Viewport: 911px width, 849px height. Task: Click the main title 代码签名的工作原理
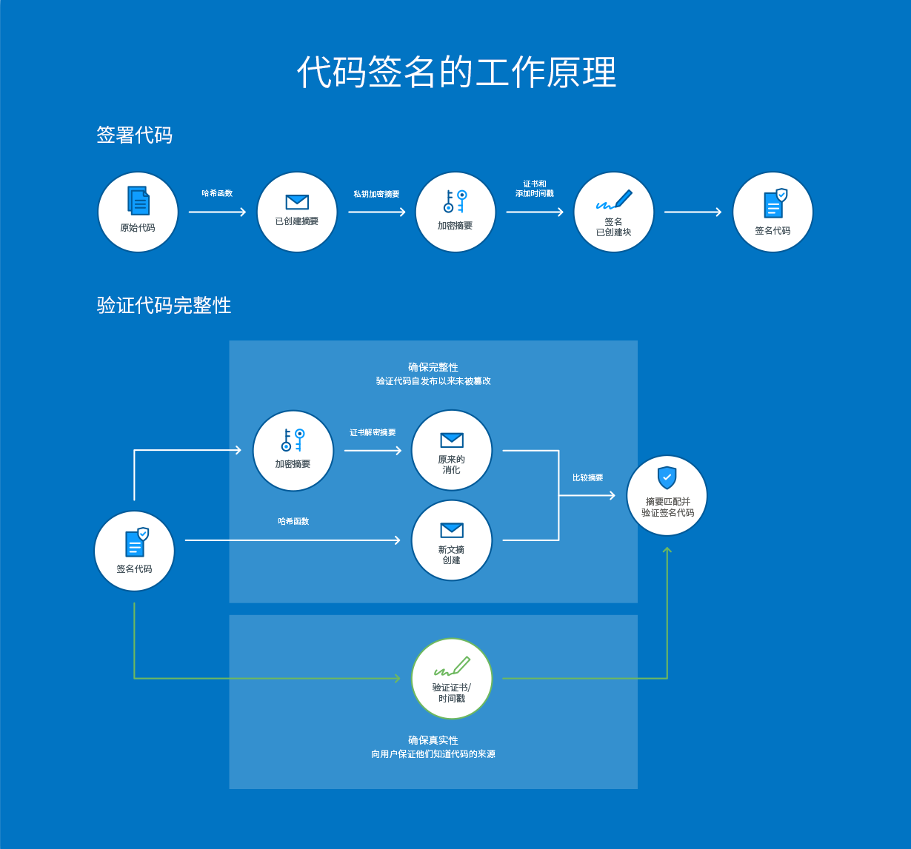(456, 73)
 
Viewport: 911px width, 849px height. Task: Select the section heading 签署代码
(134, 135)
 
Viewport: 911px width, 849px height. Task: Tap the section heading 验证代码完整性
(164, 305)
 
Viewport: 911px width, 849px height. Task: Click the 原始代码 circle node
(138, 212)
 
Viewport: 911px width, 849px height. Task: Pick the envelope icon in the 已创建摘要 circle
(297, 201)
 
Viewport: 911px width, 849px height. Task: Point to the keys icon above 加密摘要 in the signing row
(455, 201)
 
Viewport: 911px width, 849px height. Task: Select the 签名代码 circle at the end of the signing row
(772, 212)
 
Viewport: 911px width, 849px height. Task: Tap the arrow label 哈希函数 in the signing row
(217, 193)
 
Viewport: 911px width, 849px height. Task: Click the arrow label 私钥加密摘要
(376, 194)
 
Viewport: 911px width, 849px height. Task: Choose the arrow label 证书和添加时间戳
(535, 189)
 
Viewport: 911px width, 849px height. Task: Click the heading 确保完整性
(433, 367)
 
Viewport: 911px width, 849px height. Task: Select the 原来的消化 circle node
(452, 451)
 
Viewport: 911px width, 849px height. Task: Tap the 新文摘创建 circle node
(452, 540)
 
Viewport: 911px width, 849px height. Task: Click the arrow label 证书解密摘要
(373, 432)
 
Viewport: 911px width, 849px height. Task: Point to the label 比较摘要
(587, 477)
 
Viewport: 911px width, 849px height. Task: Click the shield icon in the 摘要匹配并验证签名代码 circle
(667, 477)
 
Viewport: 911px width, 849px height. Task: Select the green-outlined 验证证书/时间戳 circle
(452, 679)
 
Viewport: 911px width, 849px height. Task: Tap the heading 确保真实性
(433, 740)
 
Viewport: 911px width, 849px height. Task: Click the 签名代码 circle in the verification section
(134, 551)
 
